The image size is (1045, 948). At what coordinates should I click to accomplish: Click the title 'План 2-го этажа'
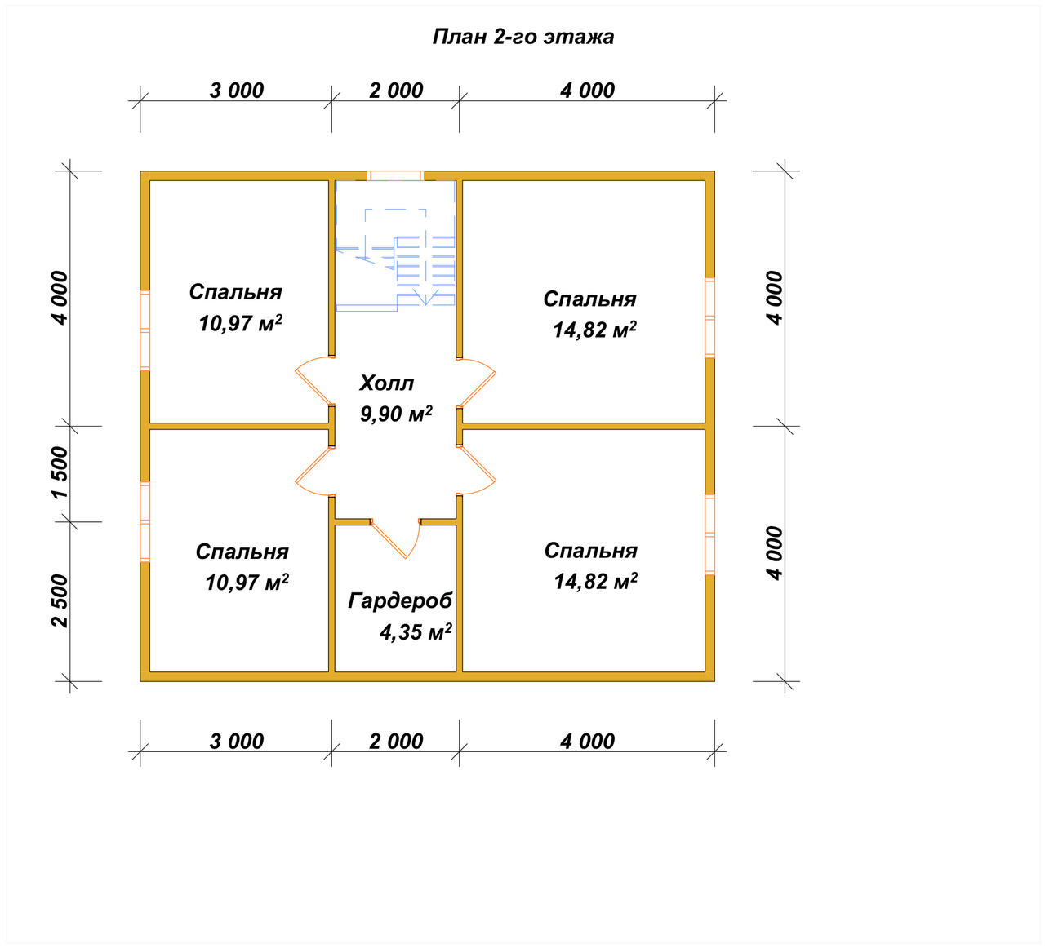point(522,37)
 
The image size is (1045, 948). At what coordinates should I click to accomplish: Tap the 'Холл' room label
point(386,383)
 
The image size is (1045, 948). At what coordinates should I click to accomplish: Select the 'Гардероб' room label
point(399,601)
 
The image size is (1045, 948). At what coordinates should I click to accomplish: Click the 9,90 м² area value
point(396,414)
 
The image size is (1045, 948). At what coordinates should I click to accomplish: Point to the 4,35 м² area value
point(416,631)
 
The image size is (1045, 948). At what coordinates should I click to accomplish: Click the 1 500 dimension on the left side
point(60,472)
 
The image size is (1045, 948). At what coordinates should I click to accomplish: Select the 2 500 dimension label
point(60,600)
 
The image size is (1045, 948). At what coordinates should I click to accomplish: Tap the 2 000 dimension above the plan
point(396,91)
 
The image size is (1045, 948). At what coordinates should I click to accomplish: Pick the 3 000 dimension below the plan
point(237,741)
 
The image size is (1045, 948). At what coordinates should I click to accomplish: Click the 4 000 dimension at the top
point(587,91)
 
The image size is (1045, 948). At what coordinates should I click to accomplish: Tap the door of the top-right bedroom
point(476,383)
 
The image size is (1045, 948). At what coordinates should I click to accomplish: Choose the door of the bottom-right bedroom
point(476,470)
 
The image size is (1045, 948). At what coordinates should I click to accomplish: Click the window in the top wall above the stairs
point(395,175)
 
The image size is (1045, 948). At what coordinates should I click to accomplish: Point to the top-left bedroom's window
point(145,330)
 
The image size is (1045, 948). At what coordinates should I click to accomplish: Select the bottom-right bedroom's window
point(709,534)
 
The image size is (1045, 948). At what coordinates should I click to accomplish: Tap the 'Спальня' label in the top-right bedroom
point(589,299)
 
